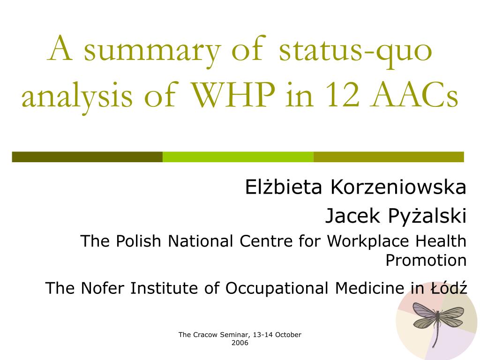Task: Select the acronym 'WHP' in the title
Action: pyautogui.click(x=233, y=95)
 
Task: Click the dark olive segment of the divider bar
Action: pyautogui.click(x=87, y=157)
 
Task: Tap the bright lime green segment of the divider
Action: pyautogui.click(x=238, y=157)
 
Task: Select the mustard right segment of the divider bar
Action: pyautogui.click(x=388, y=157)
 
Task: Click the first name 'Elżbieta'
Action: pyautogui.click(x=285, y=187)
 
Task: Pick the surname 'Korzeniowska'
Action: pyautogui.click(x=398, y=187)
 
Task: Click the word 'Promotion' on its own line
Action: pyautogui.click(x=426, y=260)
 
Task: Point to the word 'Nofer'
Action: pyautogui.click(x=104, y=288)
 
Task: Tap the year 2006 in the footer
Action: pyautogui.click(x=240, y=343)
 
